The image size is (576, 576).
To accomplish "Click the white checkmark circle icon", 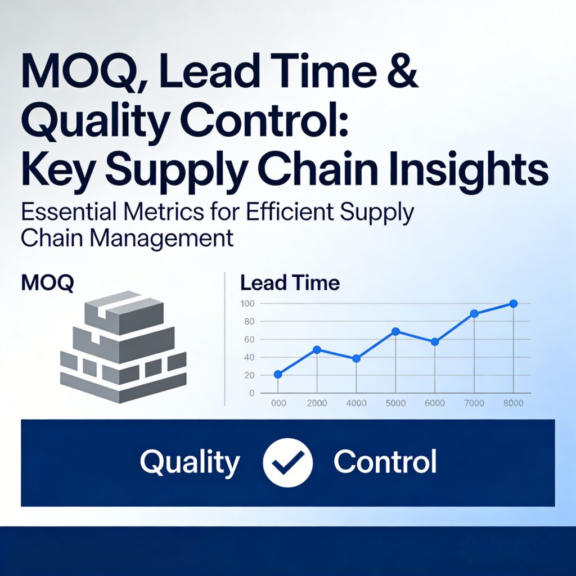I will [x=287, y=462].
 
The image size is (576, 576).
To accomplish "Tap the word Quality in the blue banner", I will [x=190, y=462].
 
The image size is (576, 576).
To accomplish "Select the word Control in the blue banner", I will [x=385, y=462].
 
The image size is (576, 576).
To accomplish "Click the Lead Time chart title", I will [x=290, y=282].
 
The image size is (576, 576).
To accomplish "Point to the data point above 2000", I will [x=317, y=349].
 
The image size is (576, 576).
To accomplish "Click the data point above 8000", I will [x=513, y=304].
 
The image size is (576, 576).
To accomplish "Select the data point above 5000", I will [x=395, y=331].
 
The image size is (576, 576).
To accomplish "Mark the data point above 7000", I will [x=474, y=313].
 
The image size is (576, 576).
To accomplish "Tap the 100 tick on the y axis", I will [x=248, y=304].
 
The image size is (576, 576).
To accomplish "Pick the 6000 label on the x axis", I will [x=434, y=403].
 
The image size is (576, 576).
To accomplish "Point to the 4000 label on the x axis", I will [x=355, y=403].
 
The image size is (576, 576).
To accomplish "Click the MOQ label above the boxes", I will [x=47, y=283].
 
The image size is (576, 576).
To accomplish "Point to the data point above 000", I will [x=277, y=374].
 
